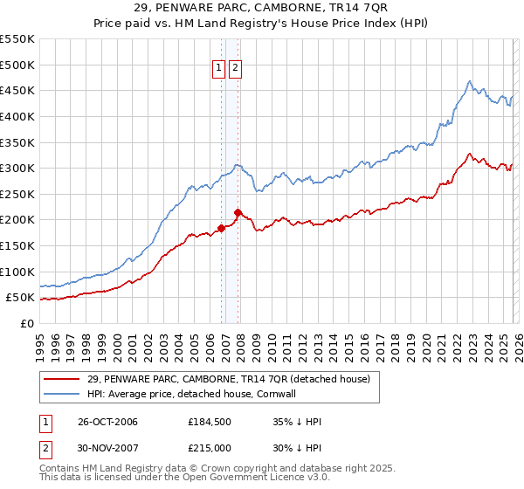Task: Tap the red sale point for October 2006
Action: click(x=221, y=228)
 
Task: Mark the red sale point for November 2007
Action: click(x=238, y=212)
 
